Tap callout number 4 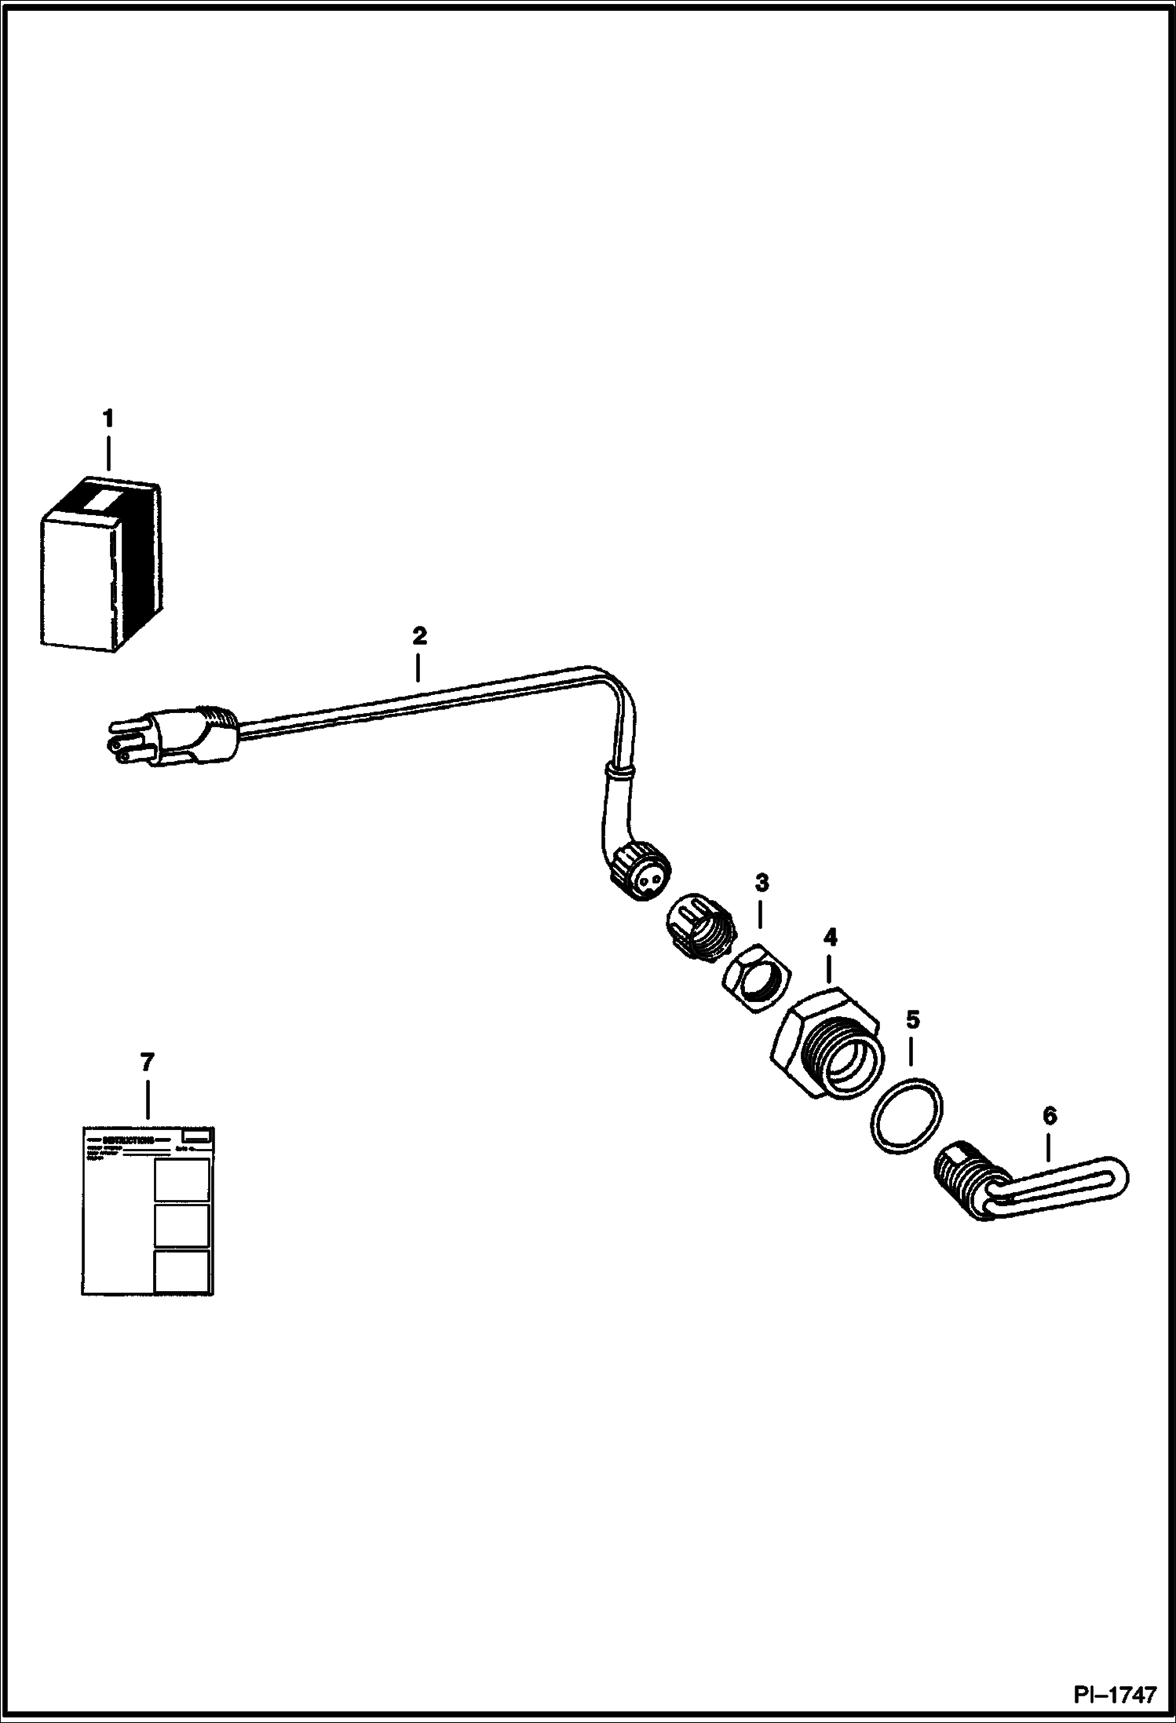830,937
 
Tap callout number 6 1050,1116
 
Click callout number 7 147,1063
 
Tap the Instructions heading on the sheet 129,1139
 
